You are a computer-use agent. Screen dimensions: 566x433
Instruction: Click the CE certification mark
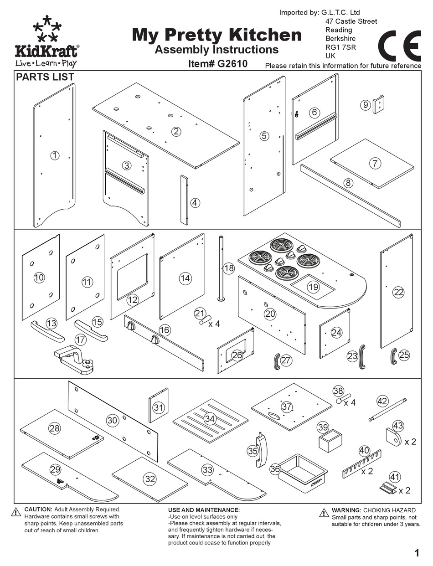(x=399, y=46)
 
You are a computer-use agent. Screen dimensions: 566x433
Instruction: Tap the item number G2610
(x=218, y=64)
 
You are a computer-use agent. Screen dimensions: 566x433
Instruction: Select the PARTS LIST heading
(x=45, y=77)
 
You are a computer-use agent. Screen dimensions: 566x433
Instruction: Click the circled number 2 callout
(x=176, y=132)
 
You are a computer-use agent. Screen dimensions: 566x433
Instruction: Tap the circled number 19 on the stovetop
(x=313, y=287)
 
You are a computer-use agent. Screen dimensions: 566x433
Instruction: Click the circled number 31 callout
(x=158, y=407)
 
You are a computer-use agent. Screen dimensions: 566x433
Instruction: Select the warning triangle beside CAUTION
(x=16, y=512)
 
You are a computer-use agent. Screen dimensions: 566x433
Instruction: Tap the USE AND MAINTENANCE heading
(x=204, y=510)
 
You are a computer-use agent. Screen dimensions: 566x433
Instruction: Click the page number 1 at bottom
(x=417, y=553)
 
